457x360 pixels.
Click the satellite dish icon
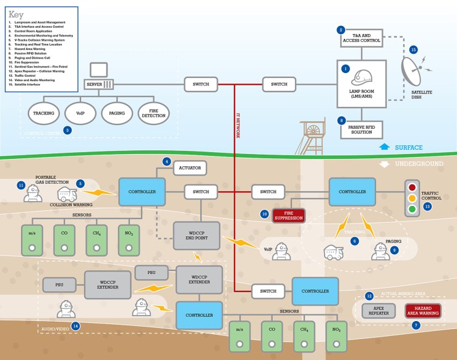tap(416, 69)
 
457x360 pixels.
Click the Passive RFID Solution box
tap(362, 129)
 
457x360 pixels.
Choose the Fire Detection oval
tap(154, 113)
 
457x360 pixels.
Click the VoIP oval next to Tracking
tap(81, 113)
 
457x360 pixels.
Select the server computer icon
tap(98, 77)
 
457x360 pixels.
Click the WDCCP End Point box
tap(196, 236)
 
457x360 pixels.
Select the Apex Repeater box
tap(377, 311)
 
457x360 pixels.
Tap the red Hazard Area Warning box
tap(423, 311)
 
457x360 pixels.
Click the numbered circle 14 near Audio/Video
tap(75, 325)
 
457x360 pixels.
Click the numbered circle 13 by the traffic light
tap(427, 207)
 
